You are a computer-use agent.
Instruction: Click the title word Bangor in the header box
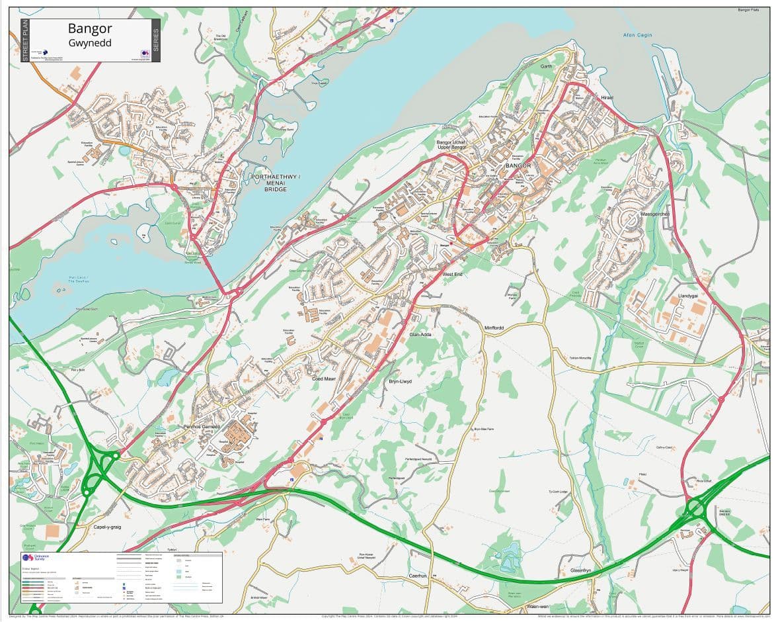click(x=90, y=28)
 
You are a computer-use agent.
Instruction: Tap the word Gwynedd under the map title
click(x=90, y=43)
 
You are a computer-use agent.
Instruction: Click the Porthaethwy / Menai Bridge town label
click(x=276, y=183)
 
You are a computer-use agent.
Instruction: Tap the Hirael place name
click(x=607, y=98)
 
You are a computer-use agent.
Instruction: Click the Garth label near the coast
click(x=546, y=67)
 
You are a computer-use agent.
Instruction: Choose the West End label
click(x=453, y=274)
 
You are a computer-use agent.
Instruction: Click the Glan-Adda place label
click(x=420, y=335)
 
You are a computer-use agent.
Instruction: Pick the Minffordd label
click(x=494, y=328)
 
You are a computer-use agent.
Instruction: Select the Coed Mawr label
click(x=324, y=379)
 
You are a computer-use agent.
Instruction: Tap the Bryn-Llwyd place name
click(x=400, y=381)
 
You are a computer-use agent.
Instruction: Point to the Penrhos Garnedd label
click(x=201, y=427)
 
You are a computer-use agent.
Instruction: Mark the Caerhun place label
click(x=418, y=576)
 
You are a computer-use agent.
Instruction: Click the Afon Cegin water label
click(x=637, y=35)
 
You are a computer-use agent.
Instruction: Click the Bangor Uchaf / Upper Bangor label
click(x=451, y=144)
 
